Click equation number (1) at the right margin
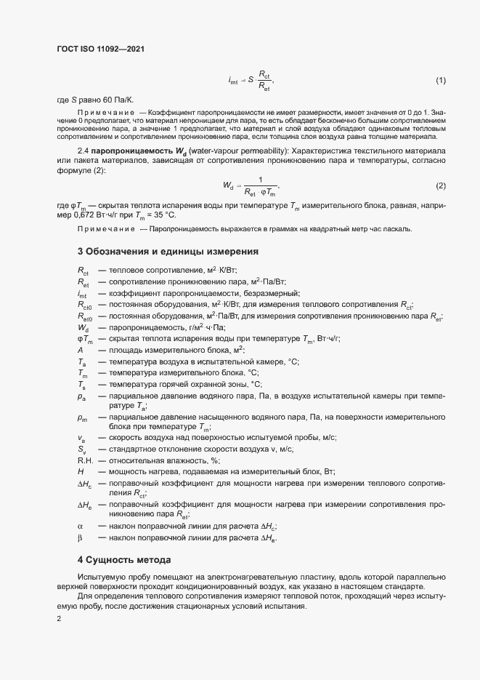(440, 79)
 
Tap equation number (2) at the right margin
(440, 186)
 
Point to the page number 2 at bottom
(59, 619)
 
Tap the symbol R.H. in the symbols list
(86, 460)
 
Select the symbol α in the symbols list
(81, 525)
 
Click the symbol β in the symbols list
(81, 538)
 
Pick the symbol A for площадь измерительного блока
(80, 350)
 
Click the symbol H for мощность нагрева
(80, 471)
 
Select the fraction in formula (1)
(264, 80)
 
